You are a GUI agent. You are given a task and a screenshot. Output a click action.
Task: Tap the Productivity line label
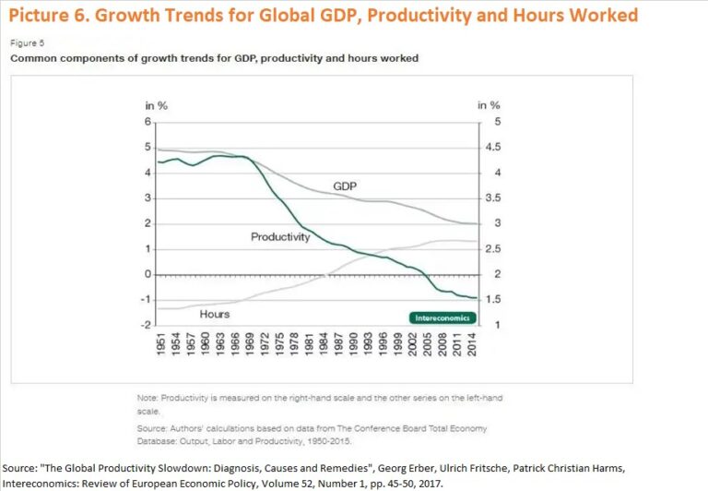pyautogui.click(x=280, y=237)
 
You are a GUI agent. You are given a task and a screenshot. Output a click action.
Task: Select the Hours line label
pyautogui.click(x=215, y=314)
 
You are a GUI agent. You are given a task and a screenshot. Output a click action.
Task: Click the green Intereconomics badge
pyautogui.click(x=438, y=317)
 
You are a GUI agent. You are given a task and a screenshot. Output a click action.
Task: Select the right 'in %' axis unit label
pyautogui.click(x=489, y=105)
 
